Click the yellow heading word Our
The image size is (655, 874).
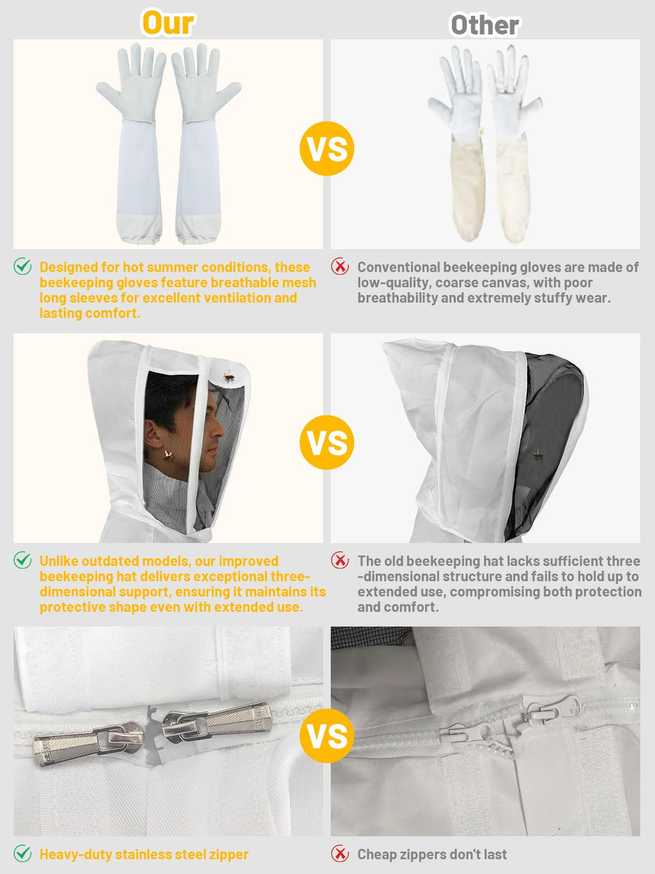coord(168,23)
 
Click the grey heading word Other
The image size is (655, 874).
coord(485,25)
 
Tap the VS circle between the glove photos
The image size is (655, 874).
coord(327,149)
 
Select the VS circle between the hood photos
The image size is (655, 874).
coord(327,443)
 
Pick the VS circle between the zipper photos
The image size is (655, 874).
coord(327,736)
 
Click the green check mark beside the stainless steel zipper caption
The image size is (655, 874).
coord(23,853)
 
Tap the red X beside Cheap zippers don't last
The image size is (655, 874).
coord(340,854)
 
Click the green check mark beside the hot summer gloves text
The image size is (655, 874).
coord(23,266)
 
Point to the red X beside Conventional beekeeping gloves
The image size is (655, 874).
coord(340,266)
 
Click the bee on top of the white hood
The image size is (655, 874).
coord(229,376)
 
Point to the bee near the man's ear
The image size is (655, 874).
coord(168,456)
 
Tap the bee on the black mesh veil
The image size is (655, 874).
coord(538,452)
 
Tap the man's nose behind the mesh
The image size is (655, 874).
coord(219,429)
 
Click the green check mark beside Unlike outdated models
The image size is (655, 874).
coord(23,560)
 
